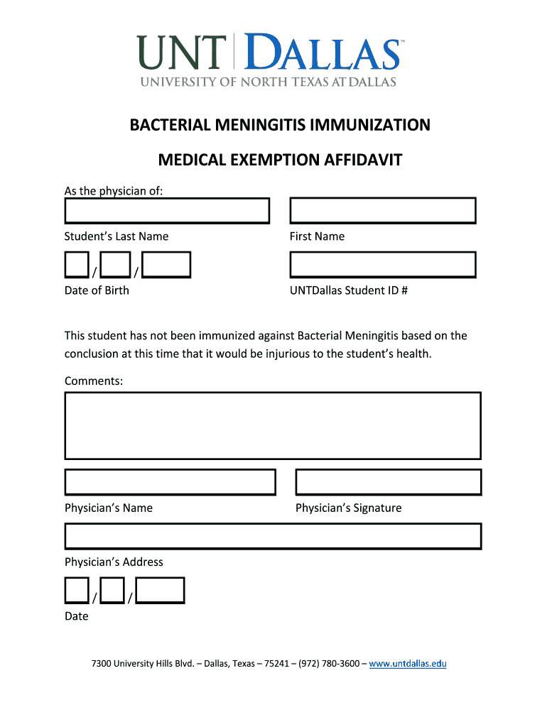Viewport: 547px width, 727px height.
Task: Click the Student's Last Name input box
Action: [x=167, y=211]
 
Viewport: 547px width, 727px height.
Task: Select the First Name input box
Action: [x=383, y=211]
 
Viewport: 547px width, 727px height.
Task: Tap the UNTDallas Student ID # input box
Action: [x=383, y=265]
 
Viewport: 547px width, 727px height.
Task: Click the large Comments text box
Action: [x=273, y=426]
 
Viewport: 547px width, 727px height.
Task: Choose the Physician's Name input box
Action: [x=170, y=482]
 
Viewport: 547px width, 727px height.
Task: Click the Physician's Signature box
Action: [x=388, y=482]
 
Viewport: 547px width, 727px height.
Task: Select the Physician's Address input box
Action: [x=273, y=536]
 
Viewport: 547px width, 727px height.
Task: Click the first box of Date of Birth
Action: [x=77, y=264]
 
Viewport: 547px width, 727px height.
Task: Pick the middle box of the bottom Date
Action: [x=112, y=590]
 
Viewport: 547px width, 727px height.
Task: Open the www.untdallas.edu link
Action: [x=408, y=664]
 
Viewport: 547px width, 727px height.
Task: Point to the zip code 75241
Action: [x=276, y=664]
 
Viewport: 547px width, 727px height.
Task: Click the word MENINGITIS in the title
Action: [x=264, y=126]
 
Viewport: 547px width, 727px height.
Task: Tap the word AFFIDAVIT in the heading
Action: [x=363, y=160]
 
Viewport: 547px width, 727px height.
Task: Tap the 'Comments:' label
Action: [x=94, y=381]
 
